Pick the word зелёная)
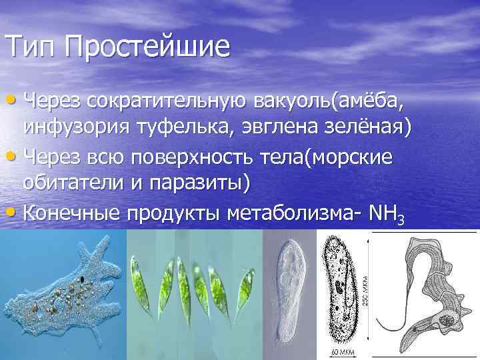point(369,127)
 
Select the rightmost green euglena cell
point(246,283)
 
